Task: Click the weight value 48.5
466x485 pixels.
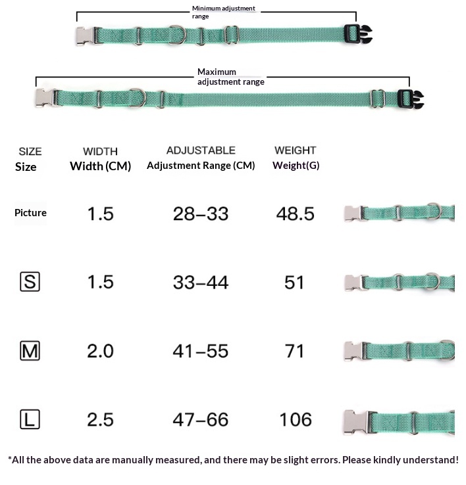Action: (296, 214)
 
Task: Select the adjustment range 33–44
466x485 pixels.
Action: (201, 283)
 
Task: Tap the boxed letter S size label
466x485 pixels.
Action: (30, 282)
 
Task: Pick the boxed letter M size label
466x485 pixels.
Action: (30, 351)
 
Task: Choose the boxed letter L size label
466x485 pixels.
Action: (30, 419)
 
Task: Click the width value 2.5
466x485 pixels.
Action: (101, 420)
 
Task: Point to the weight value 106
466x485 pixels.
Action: (296, 420)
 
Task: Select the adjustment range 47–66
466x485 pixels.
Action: (201, 420)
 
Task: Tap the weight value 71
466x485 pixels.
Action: (294, 351)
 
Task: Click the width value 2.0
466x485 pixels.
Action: (101, 351)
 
